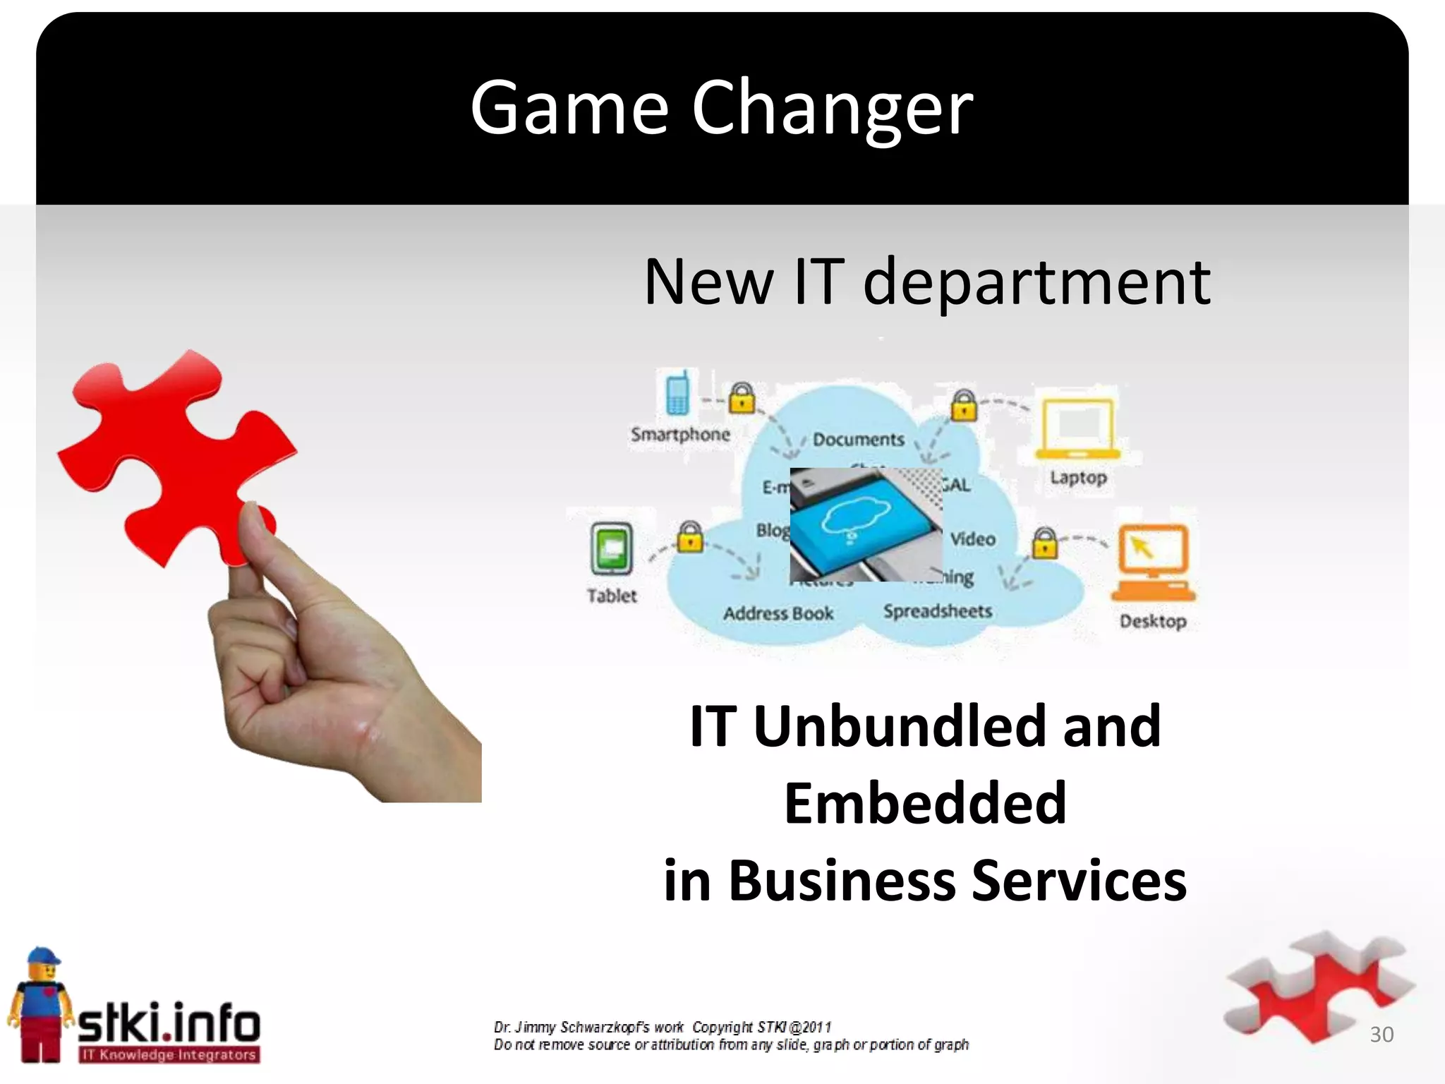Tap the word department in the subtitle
click(1036, 282)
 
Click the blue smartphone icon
click(677, 394)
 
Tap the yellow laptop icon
click(1077, 429)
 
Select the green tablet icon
click(611, 549)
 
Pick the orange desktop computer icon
click(1154, 563)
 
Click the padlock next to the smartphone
click(741, 399)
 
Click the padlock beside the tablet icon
click(690, 538)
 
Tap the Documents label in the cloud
click(858, 440)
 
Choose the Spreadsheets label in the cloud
click(938, 611)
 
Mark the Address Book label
click(778, 614)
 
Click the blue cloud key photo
click(866, 524)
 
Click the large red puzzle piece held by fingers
click(176, 459)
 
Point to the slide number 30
click(1381, 1035)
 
